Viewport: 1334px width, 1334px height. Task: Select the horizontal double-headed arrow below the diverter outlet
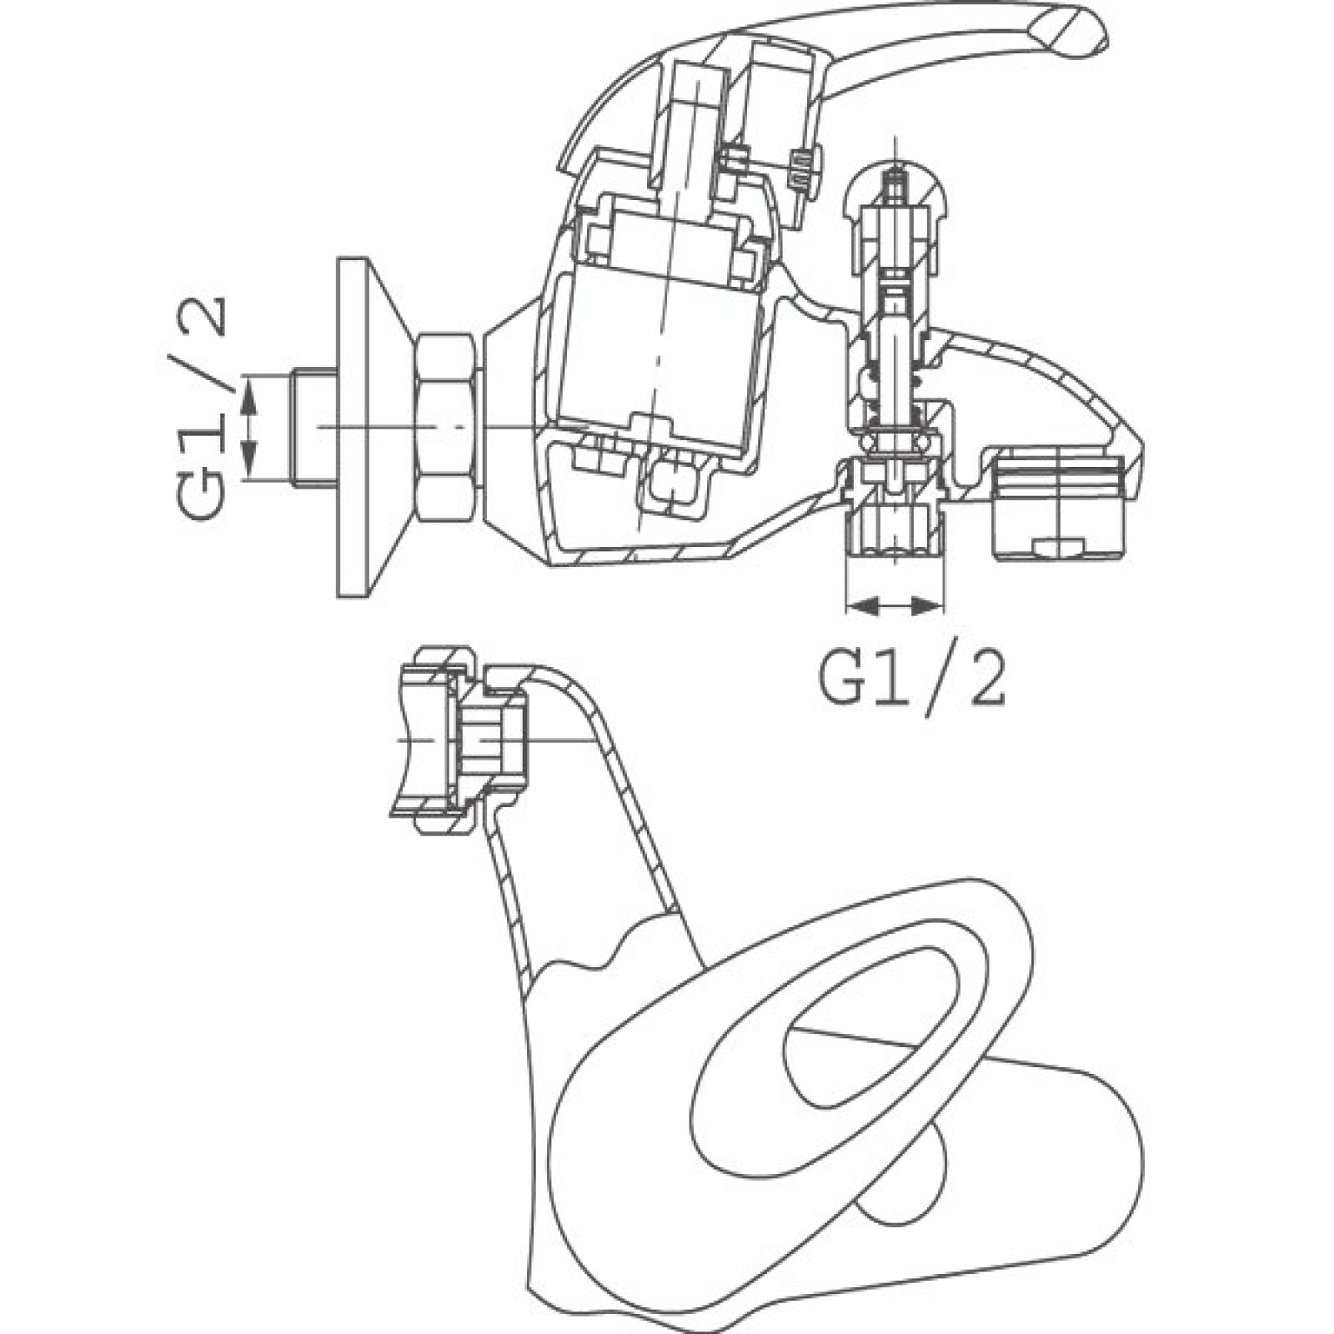(x=896, y=606)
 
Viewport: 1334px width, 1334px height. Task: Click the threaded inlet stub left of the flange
(x=315, y=427)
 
